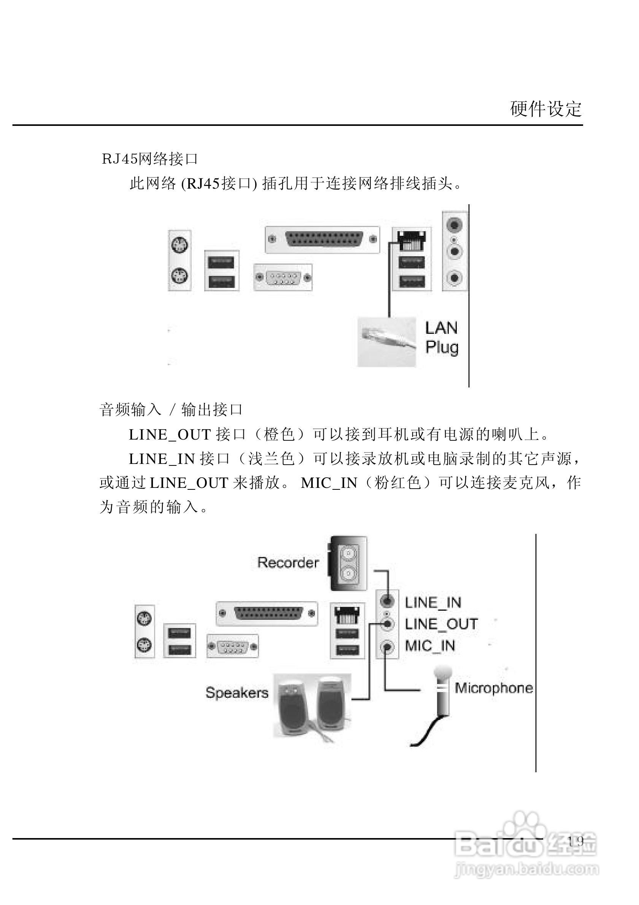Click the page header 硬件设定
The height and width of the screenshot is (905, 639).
pos(545,109)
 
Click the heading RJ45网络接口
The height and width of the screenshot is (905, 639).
pos(150,159)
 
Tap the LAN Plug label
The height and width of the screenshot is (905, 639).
pos(442,338)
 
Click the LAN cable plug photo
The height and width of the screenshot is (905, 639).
pos(386,341)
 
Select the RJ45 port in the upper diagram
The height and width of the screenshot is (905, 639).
pos(412,240)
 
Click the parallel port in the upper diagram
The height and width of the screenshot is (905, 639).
pos(323,240)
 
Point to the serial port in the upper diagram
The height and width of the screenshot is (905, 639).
pos(283,278)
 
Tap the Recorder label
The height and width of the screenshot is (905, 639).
pos(288,562)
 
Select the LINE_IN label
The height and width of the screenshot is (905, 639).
pos(433,603)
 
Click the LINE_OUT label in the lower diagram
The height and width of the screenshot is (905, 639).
pos(441,624)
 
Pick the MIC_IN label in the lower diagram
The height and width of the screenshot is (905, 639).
pos(430,646)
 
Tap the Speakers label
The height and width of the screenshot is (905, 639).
pos(237,693)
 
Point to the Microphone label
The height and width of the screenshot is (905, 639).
pos(494,688)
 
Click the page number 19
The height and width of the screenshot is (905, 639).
pos(576,841)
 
